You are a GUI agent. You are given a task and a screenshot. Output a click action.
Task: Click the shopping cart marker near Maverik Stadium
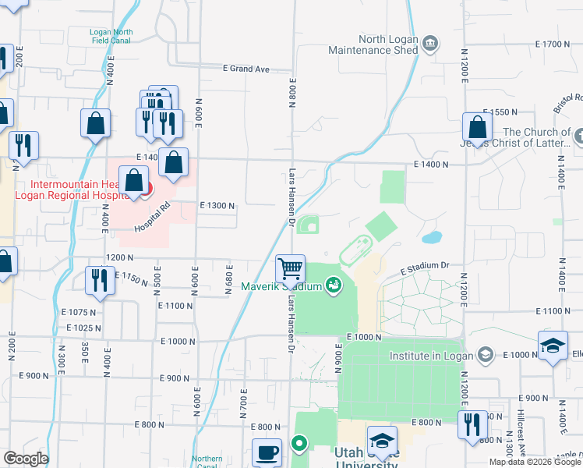[290, 269]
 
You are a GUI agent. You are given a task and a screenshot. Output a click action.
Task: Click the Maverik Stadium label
[281, 286]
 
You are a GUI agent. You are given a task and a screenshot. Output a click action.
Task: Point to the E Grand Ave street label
[246, 69]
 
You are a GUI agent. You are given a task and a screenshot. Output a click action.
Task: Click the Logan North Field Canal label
[111, 36]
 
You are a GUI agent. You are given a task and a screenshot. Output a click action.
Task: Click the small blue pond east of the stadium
[431, 236]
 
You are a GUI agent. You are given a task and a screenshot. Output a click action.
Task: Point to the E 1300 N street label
[217, 205]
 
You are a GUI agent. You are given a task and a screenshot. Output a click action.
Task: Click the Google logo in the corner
[25, 459]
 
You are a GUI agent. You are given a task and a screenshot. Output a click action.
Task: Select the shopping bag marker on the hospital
[133, 180]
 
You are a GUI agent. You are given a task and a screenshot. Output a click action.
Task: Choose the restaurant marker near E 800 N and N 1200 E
[472, 424]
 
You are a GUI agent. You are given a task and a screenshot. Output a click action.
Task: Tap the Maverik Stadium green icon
[334, 286]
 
